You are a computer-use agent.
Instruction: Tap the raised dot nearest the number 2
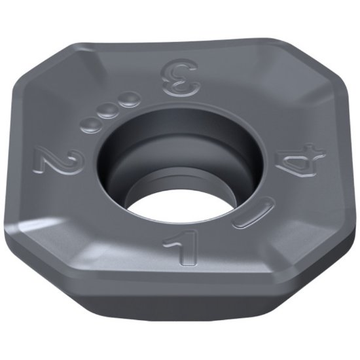tap(87, 124)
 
